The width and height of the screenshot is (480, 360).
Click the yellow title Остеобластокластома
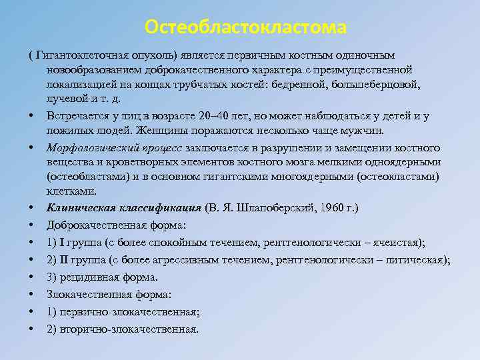point(246,27)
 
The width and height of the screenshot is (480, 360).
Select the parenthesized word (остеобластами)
point(85,177)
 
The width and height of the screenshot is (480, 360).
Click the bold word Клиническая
point(81,208)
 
